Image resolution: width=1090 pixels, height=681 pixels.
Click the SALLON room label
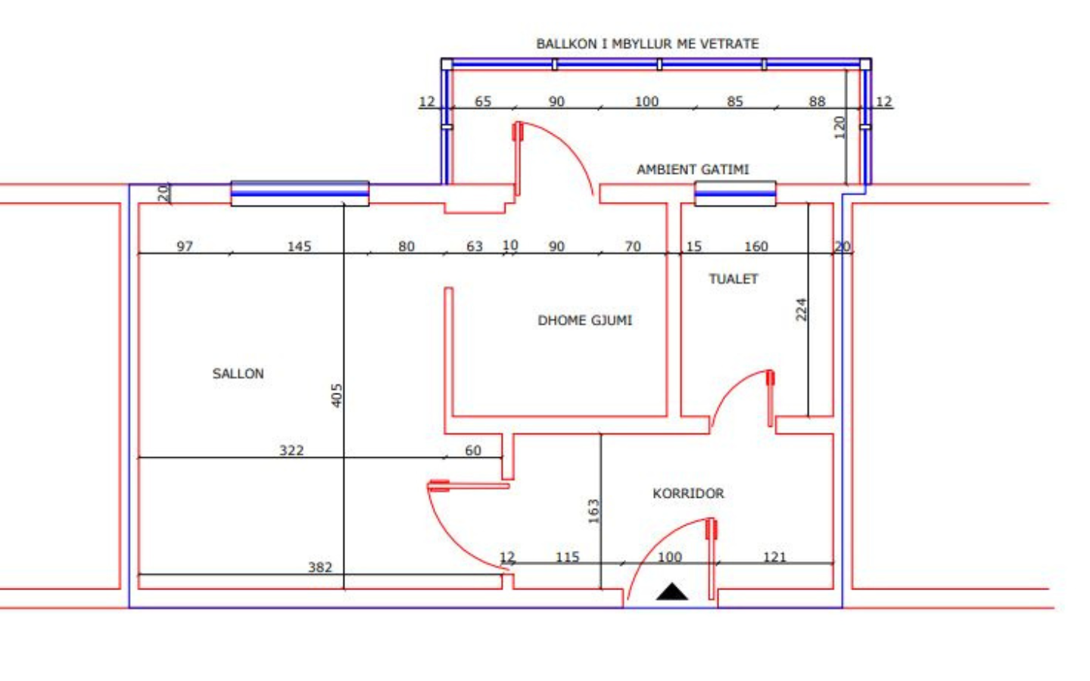(238, 374)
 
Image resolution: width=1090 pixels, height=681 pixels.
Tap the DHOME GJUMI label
(585, 320)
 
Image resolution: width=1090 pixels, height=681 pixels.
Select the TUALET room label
(733, 278)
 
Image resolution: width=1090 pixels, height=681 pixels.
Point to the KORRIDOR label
(688, 493)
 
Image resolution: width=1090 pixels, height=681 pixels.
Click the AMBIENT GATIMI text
(693, 169)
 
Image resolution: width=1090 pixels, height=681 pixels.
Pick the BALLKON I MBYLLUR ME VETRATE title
(647, 44)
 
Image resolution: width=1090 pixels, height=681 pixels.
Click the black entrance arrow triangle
(672, 592)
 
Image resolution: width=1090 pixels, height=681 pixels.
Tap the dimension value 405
(336, 396)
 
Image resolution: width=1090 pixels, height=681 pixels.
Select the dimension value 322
(291, 450)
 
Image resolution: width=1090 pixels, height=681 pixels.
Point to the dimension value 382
(320, 567)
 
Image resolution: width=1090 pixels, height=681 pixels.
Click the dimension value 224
(801, 309)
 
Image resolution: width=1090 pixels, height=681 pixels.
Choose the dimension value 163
(593, 512)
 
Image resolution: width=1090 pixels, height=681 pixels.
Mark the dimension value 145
(299, 247)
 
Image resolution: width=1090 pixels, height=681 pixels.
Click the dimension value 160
(756, 247)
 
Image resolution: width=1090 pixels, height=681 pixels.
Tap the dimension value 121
(774, 557)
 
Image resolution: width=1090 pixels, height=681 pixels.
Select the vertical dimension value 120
(840, 127)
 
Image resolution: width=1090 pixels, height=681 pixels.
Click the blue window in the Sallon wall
(300, 194)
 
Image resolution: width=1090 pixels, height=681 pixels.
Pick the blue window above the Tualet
(735, 194)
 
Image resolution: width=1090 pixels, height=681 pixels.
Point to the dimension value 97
(185, 247)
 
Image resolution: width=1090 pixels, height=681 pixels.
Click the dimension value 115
(568, 557)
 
